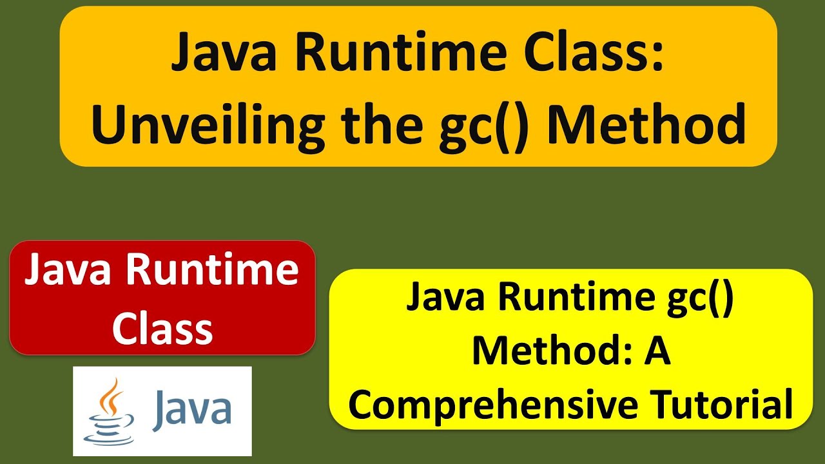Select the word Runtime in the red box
click(212, 271)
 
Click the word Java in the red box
click(71, 271)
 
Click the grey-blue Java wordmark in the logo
click(191, 411)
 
